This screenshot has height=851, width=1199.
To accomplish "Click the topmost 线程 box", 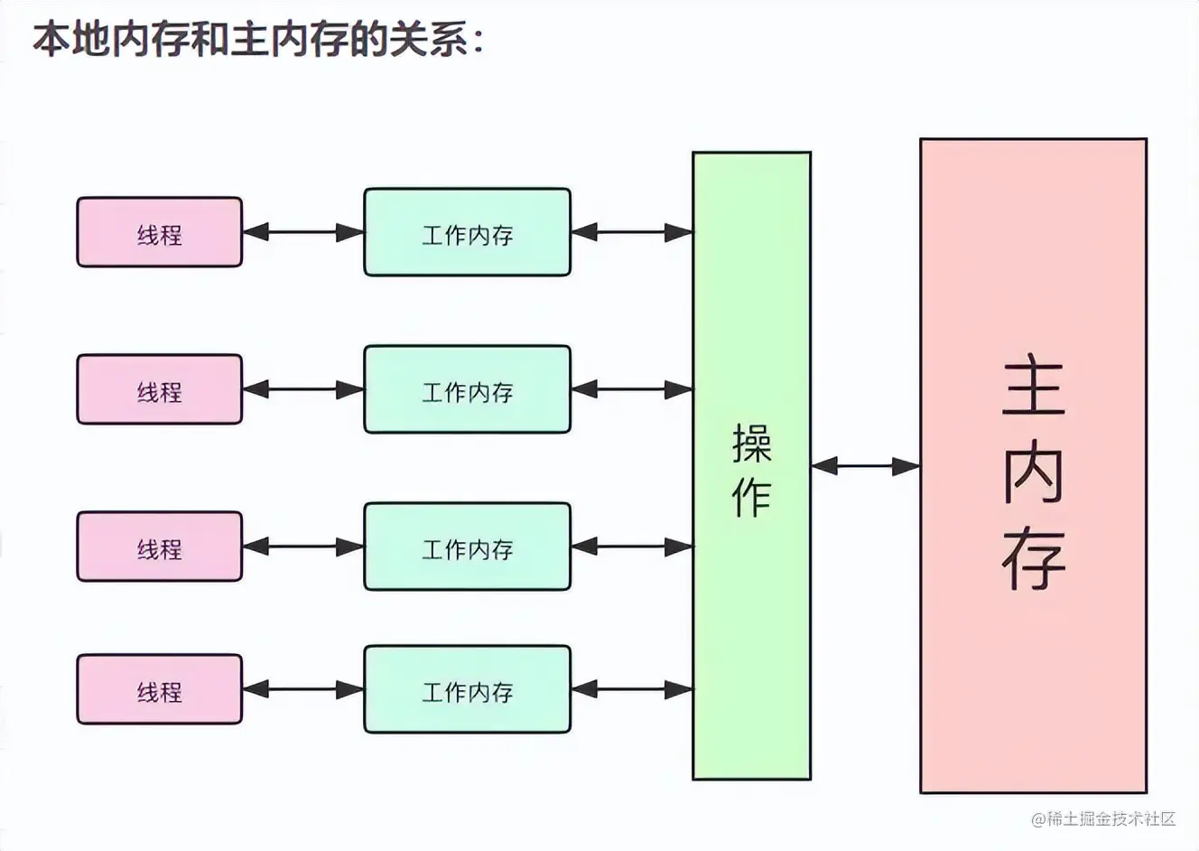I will (x=160, y=232).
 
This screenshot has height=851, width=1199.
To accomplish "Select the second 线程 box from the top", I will (x=160, y=389).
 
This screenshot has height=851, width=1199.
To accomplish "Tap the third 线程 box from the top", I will (x=160, y=547).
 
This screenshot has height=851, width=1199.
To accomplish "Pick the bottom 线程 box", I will (x=160, y=689).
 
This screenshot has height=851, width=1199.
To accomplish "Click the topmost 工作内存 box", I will (x=467, y=232).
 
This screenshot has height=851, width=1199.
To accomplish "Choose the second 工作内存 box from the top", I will (x=467, y=389).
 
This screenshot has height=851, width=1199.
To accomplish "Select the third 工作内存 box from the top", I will (x=467, y=547).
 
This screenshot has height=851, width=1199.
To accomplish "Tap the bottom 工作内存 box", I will (x=467, y=689).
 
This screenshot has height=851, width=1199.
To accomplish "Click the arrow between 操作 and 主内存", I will (x=865, y=466).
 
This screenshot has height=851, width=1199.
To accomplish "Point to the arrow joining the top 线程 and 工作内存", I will (x=302, y=232).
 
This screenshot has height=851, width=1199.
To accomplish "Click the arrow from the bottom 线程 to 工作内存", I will (x=302, y=689).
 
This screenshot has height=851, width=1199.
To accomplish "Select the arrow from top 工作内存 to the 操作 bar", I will (x=631, y=232).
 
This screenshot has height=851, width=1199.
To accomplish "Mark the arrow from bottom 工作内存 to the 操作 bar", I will (x=631, y=689).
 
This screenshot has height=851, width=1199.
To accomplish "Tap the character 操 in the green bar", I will (x=751, y=443).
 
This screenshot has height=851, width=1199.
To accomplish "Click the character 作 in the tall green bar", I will (x=751, y=496).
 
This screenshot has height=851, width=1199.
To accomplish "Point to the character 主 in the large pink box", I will (x=1034, y=388).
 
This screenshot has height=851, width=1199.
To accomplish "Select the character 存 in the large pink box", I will (x=1034, y=559).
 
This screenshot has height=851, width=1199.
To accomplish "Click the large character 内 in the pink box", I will (x=1034, y=473).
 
